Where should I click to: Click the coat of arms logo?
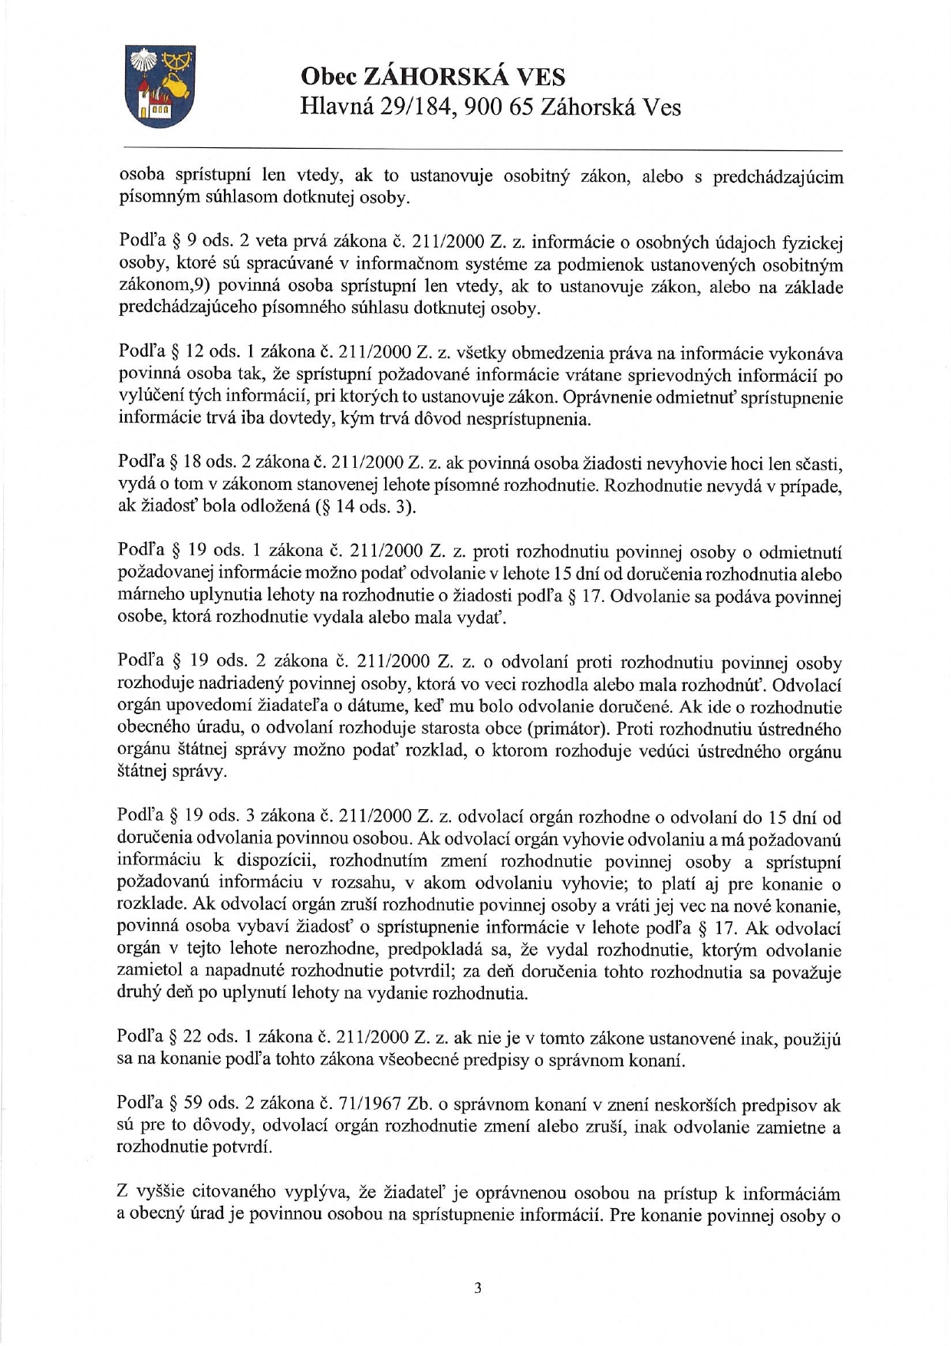coord(160,86)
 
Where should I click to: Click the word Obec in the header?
coord(326,77)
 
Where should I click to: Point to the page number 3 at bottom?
coord(477,1288)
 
